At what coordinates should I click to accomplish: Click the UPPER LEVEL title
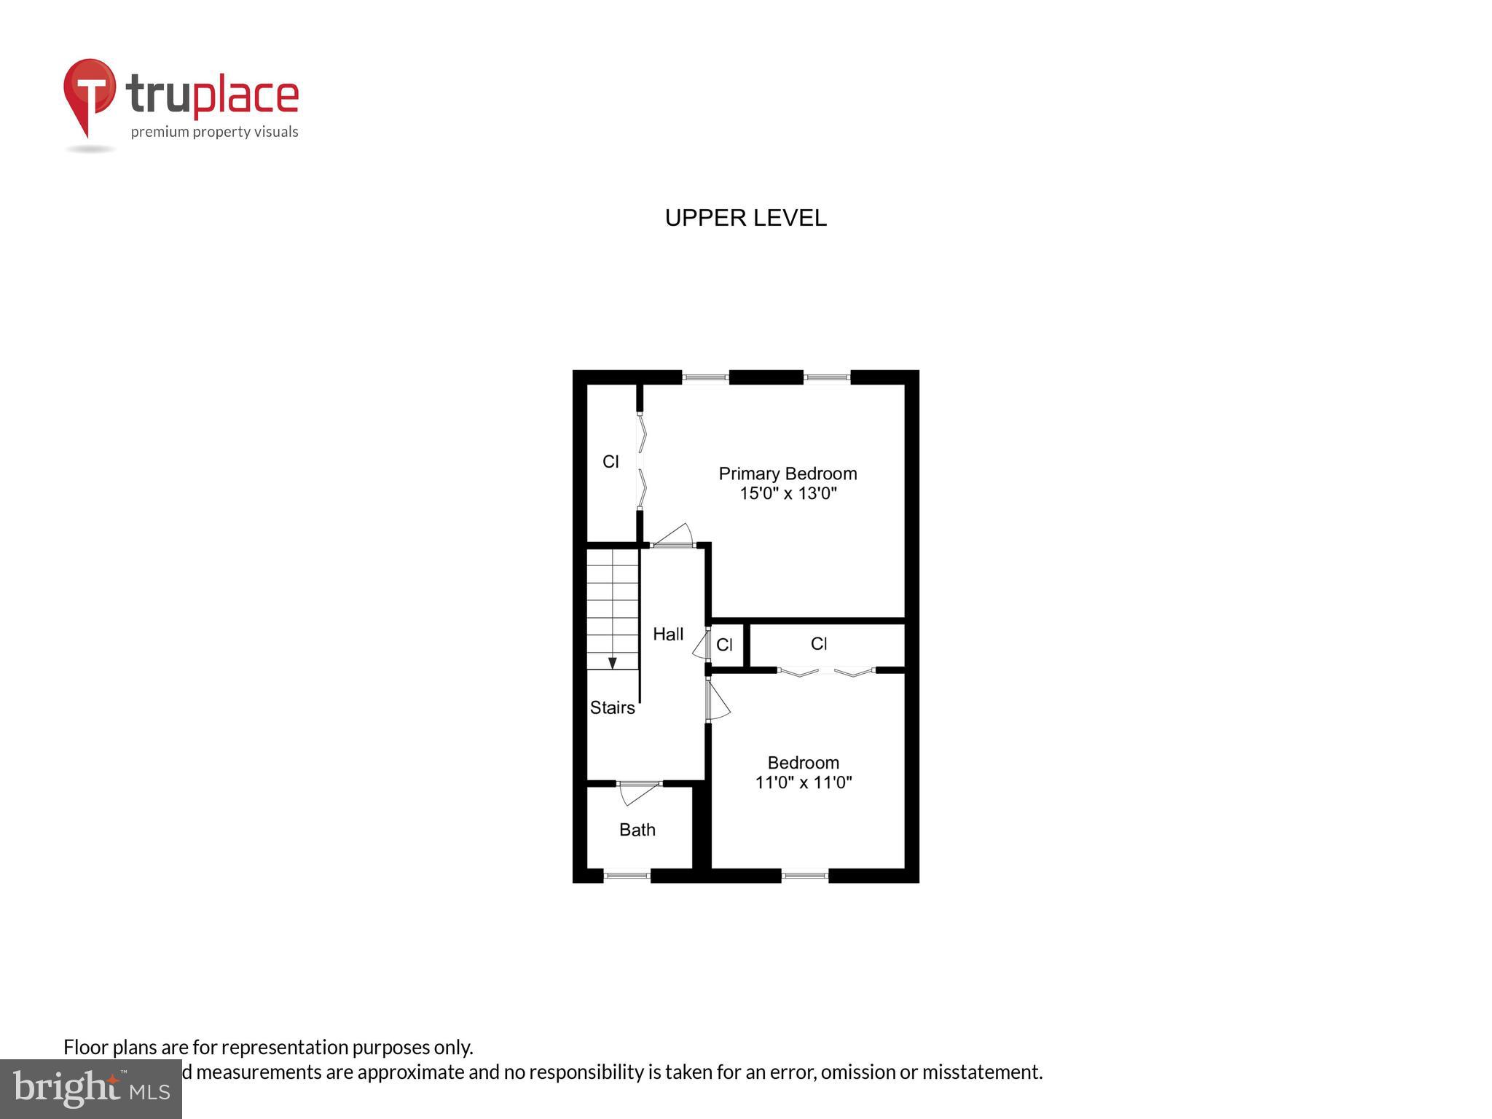pyautogui.click(x=745, y=218)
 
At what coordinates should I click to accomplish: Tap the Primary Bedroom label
pyautogui.click(x=788, y=474)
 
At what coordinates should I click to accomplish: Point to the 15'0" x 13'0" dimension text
pyautogui.click(x=788, y=493)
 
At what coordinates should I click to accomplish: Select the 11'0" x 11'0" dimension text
pyautogui.click(x=803, y=782)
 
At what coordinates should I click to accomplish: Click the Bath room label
pyautogui.click(x=637, y=830)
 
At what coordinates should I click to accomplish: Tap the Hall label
pyautogui.click(x=668, y=635)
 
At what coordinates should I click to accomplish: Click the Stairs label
pyautogui.click(x=612, y=707)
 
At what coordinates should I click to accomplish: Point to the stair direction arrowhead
pyautogui.click(x=613, y=663)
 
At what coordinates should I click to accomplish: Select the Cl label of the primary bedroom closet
pyautogui.click(x=610, y=461)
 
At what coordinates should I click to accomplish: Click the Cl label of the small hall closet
pyautogui.click(x=724, y=645)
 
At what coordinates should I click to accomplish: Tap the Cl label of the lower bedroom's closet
pyautogui.click(x=819, y=644)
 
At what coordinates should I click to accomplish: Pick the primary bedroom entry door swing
pyautogui.click(x=675, y=535)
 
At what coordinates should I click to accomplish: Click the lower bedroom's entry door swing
pyautogui.click(x=718, y=700)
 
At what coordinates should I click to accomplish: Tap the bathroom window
pyautogui.click(x=627, y=876)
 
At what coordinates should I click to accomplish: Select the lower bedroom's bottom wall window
pyautogui.click(x=805, y=876)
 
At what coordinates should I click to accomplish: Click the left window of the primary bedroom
pyautogui.click(x=705, y=377)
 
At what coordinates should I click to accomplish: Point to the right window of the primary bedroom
pyautogui.click(x=827, y=377)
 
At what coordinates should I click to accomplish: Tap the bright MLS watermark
pyautogui.click(x=90, y=1089)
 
